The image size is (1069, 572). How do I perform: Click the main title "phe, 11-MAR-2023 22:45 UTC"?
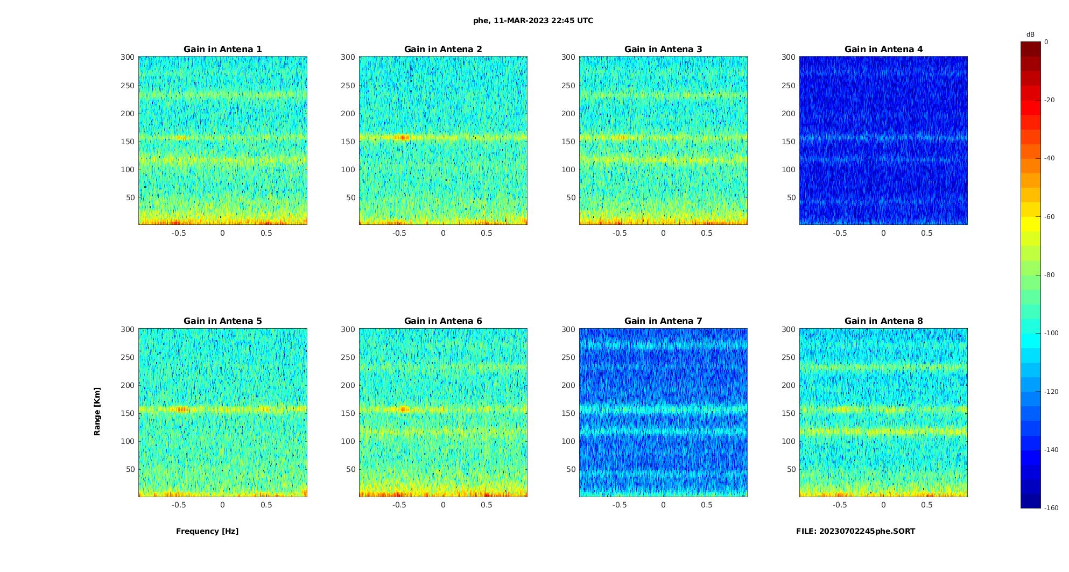533,21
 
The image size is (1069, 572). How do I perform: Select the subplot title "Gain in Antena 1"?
223,50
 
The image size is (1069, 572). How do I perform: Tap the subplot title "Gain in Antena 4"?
883,50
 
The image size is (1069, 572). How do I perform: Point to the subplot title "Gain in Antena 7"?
663,321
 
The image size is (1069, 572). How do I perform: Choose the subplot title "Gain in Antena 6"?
443,321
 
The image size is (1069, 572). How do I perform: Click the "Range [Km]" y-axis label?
97,412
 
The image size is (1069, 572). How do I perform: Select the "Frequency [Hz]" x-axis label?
207,531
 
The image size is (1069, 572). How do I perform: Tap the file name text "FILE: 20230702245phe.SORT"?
855,531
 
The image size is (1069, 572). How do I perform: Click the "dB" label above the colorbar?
1030,34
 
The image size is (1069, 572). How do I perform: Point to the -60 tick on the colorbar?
1050,217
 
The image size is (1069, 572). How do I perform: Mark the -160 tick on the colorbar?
1051,508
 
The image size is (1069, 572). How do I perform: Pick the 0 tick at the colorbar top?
1046,42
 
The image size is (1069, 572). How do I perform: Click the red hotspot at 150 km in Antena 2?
402,138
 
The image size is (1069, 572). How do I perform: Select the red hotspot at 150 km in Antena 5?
182,409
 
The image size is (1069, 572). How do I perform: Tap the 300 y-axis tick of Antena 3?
568,57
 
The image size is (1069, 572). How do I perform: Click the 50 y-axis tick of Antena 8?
791,469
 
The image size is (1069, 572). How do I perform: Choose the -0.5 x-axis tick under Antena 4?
840,233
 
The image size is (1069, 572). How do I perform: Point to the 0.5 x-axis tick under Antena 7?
706,505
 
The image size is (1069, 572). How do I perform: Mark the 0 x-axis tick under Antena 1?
222,233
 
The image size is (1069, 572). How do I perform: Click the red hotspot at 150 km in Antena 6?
402,409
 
